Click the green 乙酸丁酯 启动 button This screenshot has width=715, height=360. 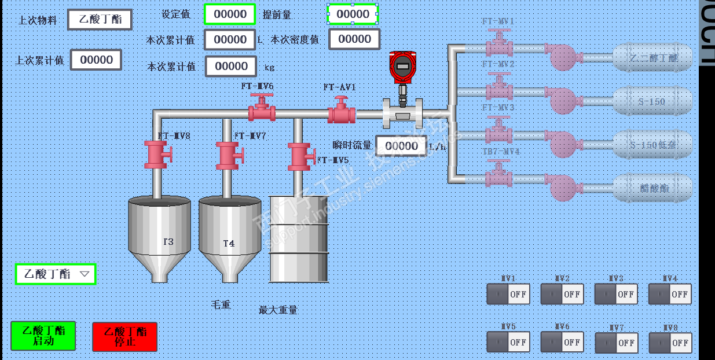(43, 336)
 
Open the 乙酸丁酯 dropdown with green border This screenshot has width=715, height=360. (56, 274)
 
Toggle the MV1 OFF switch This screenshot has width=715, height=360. (506, 294)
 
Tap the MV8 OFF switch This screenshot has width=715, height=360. (670, 343)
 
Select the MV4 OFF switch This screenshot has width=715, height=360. (670, 294)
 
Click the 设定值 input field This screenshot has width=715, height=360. (229, 14)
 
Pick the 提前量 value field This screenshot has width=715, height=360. (353, 14)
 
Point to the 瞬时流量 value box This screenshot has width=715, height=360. (401, 146)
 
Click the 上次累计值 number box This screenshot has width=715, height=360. (96, 60)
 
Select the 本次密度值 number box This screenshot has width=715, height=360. (354, 39)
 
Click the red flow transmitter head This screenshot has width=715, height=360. (403, 66)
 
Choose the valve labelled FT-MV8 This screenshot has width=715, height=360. (157, 155)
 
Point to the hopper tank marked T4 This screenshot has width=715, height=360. (230, 237)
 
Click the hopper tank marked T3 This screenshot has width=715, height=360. (159, 237)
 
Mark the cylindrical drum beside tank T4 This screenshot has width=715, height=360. (299, 238)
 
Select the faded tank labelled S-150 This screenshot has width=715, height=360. (652, 101)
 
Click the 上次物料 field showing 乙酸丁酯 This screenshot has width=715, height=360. (100, 19)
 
